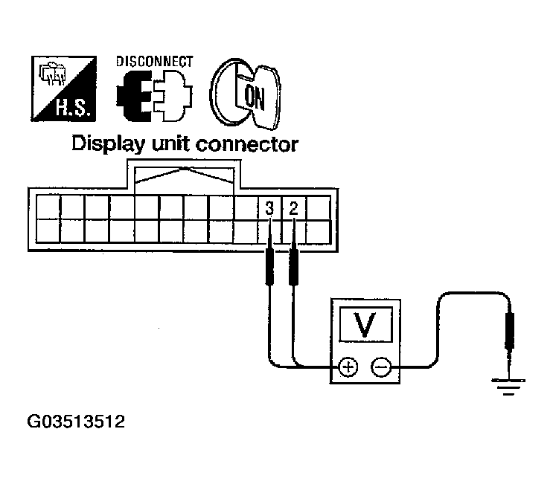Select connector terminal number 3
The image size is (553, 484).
pyautogui.click(x=269, y=208)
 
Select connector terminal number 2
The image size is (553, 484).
pyautogui.click(x=293, y=208)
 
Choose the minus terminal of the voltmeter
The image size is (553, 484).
pyautogui.click(x=381, y=366)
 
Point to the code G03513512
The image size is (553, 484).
pyautogui.click(x=76, y=423)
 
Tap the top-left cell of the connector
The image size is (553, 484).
pyautogui.click(x=46, y=205)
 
